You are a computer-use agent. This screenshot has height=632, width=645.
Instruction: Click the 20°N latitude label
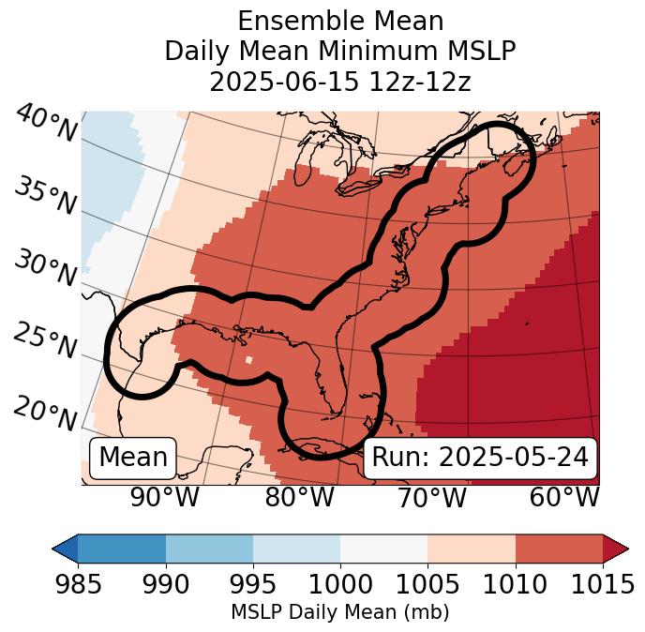coord(45,413)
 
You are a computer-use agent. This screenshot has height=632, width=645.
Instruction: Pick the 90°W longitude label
coord(165,498)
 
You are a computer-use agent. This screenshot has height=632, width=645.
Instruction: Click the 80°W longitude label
coord(300,498)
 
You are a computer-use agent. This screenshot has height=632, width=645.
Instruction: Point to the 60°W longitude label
coord(564,498)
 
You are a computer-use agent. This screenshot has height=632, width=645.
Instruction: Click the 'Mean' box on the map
coord(133,458)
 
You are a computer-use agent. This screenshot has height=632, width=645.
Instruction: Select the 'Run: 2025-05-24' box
coord(480,458)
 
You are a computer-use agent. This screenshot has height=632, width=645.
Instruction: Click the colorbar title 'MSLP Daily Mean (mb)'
coord(339,612)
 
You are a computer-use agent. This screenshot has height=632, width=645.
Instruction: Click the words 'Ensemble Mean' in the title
coord(340,21)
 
